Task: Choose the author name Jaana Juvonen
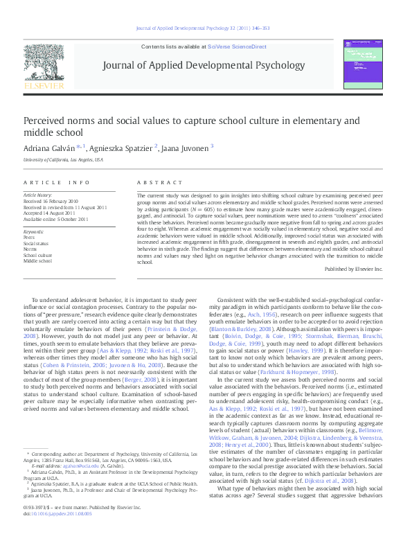click(186, 148)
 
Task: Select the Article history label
click(38, 196)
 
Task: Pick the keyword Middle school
click(38, 262)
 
